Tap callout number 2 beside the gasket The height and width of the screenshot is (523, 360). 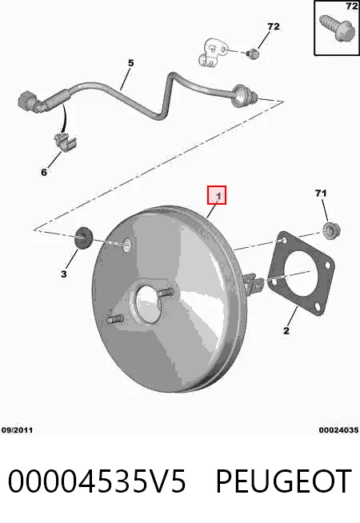coord(286,330)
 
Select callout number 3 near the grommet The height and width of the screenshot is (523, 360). coord(63,273)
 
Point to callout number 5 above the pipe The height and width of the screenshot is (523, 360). coord(130,62)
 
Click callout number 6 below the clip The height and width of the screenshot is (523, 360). coord(44,172)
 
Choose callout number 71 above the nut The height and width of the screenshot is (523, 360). coord(321,193)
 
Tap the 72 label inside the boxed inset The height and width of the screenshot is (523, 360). coord(352,6)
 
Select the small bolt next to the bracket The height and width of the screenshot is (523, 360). coord(254,54)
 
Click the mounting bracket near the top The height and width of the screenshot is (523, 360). coord(212,52)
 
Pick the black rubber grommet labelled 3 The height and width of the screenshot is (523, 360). coord(83,238)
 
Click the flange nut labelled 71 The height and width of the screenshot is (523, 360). coord(332,230)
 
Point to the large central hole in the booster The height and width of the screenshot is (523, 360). coord(147,304)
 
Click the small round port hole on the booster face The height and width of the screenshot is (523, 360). coord(127,245)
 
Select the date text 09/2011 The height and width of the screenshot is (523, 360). coord(17,430)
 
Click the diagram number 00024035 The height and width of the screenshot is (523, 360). coord(338,430)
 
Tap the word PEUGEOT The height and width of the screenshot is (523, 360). coord(283,481)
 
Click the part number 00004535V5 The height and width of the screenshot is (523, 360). coord(97,481)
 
